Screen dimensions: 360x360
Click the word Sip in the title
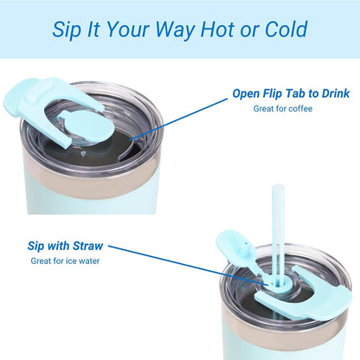point(66,30)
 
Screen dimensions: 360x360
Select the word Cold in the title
point(286,29)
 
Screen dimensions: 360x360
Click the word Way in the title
point(176,30)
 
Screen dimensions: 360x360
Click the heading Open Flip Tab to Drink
point(291,93)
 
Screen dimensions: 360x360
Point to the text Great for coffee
point(283,109)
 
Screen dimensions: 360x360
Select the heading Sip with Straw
point(65,246)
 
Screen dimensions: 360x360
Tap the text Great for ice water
point(65,261)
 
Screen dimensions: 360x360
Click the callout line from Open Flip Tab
point(178,119)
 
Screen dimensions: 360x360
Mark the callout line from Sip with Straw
point(188,265)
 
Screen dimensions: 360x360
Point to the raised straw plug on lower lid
point(235,245)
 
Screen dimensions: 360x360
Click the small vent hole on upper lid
point(83,153)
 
